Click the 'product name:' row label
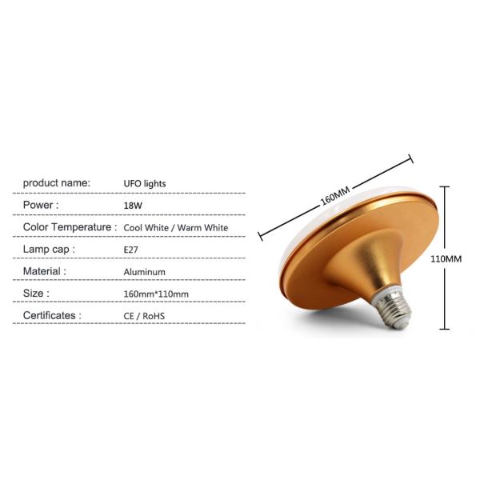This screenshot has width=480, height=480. point(57,183)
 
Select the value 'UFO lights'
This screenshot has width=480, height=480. point(145,184)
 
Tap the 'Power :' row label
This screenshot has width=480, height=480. point(41,205)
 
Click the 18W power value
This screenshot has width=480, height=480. point(133,206)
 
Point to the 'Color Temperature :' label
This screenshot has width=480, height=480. point(70,227)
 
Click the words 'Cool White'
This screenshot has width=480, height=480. point(146,228)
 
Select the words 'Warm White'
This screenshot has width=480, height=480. point(202,228)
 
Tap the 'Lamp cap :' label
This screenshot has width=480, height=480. point(49,250)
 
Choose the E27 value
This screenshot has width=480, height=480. point(130,250)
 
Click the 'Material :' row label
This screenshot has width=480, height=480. point(45,271)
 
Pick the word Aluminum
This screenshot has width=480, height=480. point(145,272)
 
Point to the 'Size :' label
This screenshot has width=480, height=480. point(36,294)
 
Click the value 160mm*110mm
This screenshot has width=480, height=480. point(156,294)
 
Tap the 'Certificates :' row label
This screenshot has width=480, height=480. point(52,315)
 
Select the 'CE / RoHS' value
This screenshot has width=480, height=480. point(144,316)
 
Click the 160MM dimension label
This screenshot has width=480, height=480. point(335,196)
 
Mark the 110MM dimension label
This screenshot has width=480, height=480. point(446,259)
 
